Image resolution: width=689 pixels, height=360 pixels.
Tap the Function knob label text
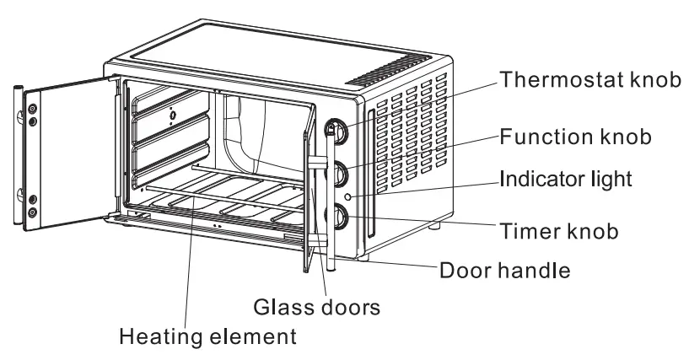click(575, 137)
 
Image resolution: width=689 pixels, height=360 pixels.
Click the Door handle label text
click(505, 271)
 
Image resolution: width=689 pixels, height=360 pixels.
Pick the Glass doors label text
click(316, 306)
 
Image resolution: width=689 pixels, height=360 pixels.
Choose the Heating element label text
click(207, 337)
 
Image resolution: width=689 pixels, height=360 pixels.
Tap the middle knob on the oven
click(341, 174)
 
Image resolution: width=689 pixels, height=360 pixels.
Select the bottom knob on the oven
click(342, 216)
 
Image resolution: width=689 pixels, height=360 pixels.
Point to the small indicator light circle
click(360, 196)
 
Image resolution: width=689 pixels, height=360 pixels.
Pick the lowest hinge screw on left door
click(32, 212)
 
